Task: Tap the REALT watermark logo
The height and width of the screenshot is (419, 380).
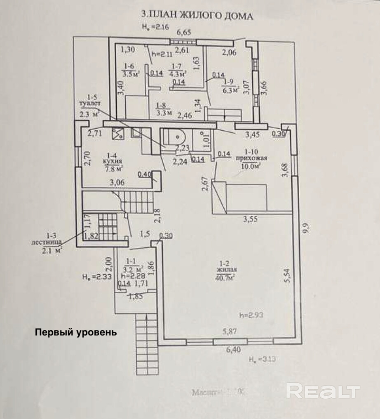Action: [323, 391]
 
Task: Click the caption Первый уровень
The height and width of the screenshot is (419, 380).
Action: [76, 332]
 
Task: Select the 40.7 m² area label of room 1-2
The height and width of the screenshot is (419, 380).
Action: [225, 278]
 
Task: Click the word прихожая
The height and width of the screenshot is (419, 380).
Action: [251, 158]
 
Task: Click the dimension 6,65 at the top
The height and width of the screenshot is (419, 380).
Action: [184, 32]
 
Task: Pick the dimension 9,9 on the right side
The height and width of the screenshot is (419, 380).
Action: [305, 228]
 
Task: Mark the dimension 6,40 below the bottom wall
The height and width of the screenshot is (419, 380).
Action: [234, 350]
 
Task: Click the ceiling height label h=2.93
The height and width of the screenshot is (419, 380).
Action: [251, 315]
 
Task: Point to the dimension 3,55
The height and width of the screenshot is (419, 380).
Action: [250, 219]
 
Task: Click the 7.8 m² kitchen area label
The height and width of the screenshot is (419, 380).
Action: [114, 169]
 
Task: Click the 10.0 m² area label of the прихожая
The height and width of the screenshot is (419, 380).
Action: [252, 166]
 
